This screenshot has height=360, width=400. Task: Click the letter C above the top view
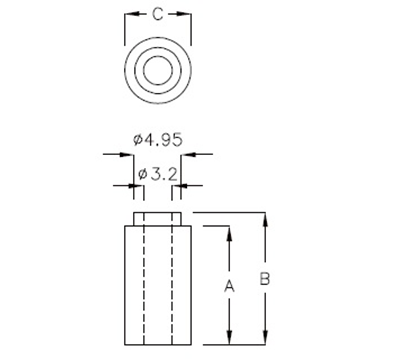tap(157, 15)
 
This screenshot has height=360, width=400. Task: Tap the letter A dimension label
tap(229, 286)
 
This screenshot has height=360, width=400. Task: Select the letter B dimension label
tap(264, 280)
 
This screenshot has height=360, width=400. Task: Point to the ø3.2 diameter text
tap(158, 173)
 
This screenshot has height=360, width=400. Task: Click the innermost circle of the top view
tap(157, 71)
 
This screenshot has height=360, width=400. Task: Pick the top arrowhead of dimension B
tap(265, 217)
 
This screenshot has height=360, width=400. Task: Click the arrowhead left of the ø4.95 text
tap(117, 155)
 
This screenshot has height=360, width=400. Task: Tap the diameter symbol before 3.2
tap(142, 173)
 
